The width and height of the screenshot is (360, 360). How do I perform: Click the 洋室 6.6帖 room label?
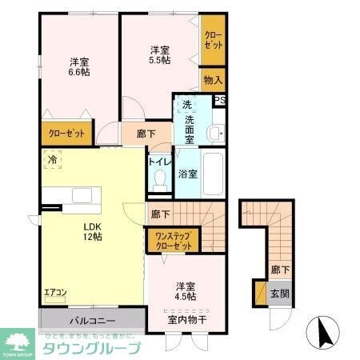pyautogui.click(x=78, y=66)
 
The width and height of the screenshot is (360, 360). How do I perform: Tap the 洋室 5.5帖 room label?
pyautogui.click(x=159, y=54)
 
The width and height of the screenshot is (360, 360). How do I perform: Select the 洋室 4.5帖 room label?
pyautogui.click(x=186, y=290)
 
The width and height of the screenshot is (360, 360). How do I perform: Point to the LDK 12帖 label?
pyautogui.click(x=91, y=230)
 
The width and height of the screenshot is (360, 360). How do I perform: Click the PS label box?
pyautogui.click(x=219, y=100)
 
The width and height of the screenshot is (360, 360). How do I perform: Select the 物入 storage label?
pyautogui.click(x=212, y=80)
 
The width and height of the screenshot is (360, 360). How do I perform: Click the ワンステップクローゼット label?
pyautogui.click(x=171, y=241)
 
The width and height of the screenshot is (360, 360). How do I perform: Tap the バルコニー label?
pyautogui.click(x=92, y=321)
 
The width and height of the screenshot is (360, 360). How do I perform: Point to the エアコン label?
pyautogui.click(x=55, y=294)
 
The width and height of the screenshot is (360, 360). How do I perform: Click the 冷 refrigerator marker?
pyautogui.click(x=53, y=160)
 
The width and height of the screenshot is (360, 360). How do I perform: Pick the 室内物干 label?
pyautogui.click(x=186, y=321)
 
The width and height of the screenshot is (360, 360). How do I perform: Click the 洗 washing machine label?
pyautogui.click(x=186, y=105)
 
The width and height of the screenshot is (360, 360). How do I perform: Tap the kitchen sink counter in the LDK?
pyautogui.click(x=82, y=195)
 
